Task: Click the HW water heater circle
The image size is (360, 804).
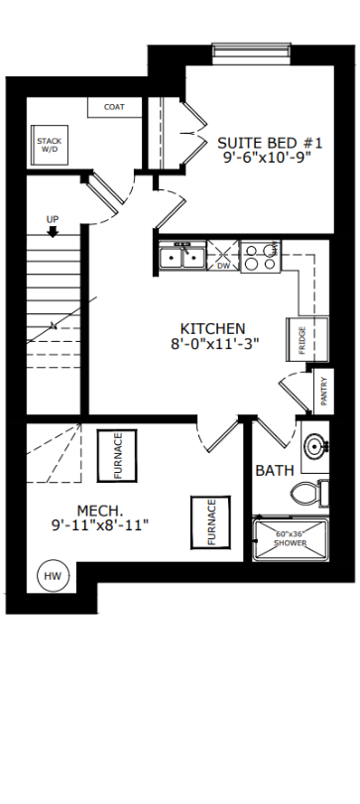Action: pyautogui.click(x=53, y=576)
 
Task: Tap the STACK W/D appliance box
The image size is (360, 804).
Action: pyautogui.click(x=50, y=145)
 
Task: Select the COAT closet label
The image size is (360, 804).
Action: pyautogui.click(x=114, y=107)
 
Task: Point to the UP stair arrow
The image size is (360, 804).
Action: pyautogui.click(x=53, y=232)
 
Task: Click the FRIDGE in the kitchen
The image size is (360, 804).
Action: pyautogui.click(x=306, y=339)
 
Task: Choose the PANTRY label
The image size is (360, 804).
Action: pyautogui.click(x=323, y=392)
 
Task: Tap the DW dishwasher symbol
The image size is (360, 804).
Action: pyautogui.click(x=223, y=256)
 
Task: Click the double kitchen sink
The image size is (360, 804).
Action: pyautogui.click(x=182, y=255)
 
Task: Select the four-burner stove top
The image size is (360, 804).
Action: pyautogui.click(x=261, y=257)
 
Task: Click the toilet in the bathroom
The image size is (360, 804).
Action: pyautogui.click(x=309, y=494)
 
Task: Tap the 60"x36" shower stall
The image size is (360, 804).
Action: pyautogui.click(x=291, y=539)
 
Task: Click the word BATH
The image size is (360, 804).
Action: pyautogui.click(x=275, y=470)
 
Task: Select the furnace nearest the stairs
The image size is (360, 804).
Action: pyautogui.click(x=117, y=456)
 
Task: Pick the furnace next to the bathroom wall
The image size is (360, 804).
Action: pyautogui.click(x=210, y=522)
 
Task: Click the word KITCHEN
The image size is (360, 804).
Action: pyautogui.click(x=213, y=328)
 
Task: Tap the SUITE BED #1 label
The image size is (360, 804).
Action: pyautogui.click(x=270, y=142)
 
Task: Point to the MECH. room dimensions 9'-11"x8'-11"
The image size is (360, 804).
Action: pyautogui.click(x=100, y=525)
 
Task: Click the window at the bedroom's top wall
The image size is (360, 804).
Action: pyautogui.click(x=252, y=54)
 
